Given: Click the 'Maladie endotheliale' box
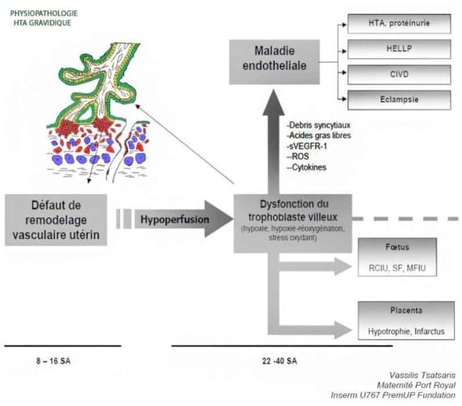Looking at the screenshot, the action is pyautogui.click(x=274, y=62).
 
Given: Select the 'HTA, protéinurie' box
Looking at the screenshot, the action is pyautogui.click(x=399, y=24).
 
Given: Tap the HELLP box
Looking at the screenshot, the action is pyautogui.click(x=399, y=49).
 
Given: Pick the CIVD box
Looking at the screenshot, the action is pyautogui.click(x=399, y=75).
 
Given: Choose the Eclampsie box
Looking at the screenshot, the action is pyautogui.click(x=399, y=100).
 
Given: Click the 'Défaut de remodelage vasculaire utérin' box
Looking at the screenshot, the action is pyautogui.click(x=56, y=220).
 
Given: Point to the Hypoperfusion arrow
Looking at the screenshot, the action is pyautogui.click(x=184, y=219).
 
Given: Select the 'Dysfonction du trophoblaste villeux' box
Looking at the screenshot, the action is pyautogui.click(x=292, y=223).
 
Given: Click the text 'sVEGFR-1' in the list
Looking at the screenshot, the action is pyautogui.click(x=308, y=146).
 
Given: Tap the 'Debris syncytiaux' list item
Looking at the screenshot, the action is pyautogui.click(x=319, y=125).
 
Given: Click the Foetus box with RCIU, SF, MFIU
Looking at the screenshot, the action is pyautogui.click(x=397, y=257).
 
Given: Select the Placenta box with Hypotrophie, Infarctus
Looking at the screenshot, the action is pyautogui.click(x=406, y=321).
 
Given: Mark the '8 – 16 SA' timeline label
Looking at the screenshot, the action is pyautogui.click(x=54, y=361).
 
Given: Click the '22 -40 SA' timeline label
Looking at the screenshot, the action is pyautogui.click(x=279, y=361).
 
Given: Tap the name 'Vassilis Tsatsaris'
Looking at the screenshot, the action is pyautogui.click(x=422, y=375).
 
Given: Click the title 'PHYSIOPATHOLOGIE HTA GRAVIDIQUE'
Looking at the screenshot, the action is pyautogui.click(x=44, y=18).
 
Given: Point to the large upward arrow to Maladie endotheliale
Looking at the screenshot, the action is pyautogui.click(x=274, y=142).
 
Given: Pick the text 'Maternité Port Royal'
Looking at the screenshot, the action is pyautogui.click(x=416, y=385).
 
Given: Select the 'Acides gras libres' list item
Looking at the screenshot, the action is pyautogui.click(x=319, y=136).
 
